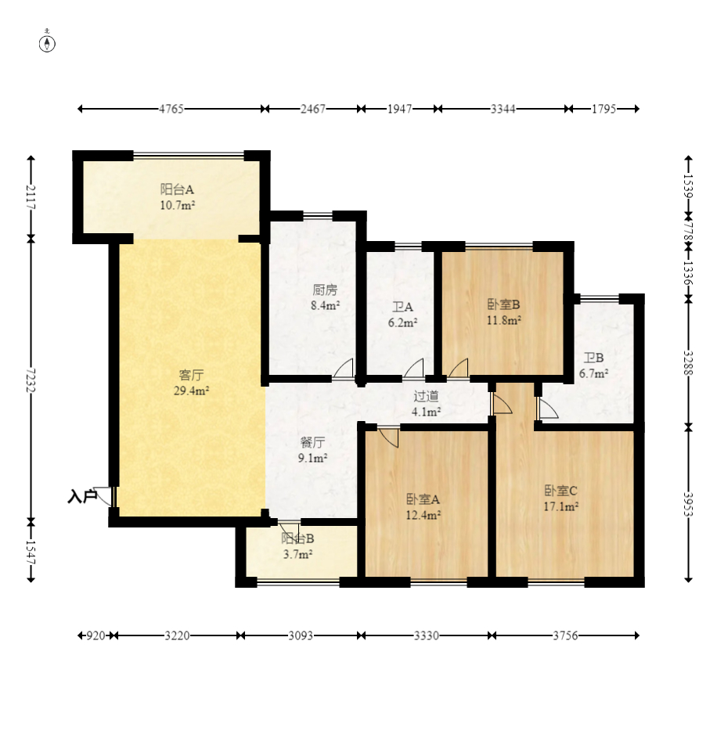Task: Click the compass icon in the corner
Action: pos(47,43)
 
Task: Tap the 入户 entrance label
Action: pos(82,496)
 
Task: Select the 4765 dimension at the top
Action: pos(171,110)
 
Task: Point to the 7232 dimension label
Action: pos(31,380)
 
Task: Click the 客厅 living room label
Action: pos(192,375)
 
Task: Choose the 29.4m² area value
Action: pos(192,391)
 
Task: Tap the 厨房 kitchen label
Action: pos(325,290)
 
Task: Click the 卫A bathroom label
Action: pos(402,308)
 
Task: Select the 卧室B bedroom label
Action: pos(503,304)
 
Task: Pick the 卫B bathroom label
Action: pos(593,358)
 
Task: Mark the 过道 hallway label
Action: pos(426,396)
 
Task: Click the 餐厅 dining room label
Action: pos(312,442)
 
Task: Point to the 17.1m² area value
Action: pos(560,507)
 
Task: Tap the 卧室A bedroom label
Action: pos(423,499)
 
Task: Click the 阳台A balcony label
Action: pos(177,189)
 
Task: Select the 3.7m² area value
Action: pos(298,554)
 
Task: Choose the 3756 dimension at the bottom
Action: pos(565,635)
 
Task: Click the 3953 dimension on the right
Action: pos(688,504)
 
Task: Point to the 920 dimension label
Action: pos(95,635)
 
